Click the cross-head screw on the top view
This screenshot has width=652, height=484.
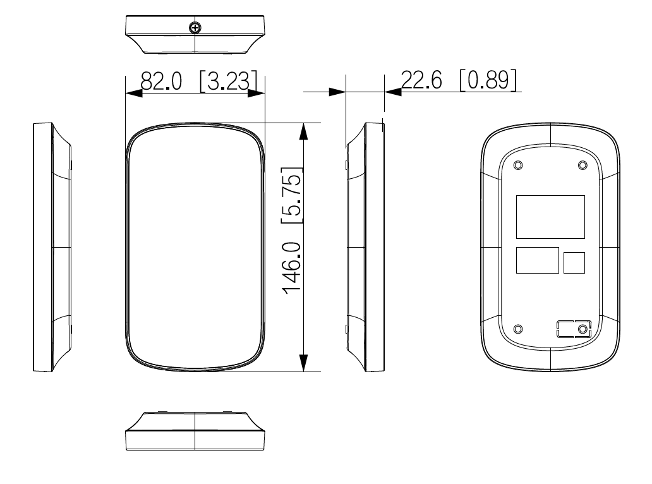pyautogui.click(x=195, y=27)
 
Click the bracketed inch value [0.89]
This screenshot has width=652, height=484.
pyautogui.click(x=488, y=80)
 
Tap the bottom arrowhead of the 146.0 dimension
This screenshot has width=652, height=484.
pyautogui.click(x=305, y=362)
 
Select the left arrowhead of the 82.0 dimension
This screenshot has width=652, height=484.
pyautogui.click(x=134, y=93)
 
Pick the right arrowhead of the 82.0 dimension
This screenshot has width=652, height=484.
pyautogui.click(x=256, y=93)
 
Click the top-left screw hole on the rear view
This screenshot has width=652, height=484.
pyautogui.click(x=519, y=165)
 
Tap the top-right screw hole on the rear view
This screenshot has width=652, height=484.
pyautogui.click(x=582, y=165)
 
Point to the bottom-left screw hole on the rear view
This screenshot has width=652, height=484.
pyautogui.click(x=519, y=329)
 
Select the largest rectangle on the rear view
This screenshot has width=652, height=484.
pyautogui.click(x=550, y=217)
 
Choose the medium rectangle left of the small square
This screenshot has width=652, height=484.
pyautogui.click(x=537, y=260)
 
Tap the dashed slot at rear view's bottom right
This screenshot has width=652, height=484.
pyautogui.click(x=574, y=329)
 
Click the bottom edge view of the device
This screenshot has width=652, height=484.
pyautogui.click(x=195, y=432)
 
